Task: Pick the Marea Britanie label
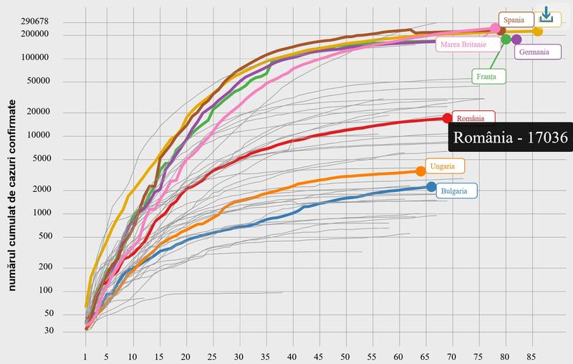tap(468, 44)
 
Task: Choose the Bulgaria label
tap(458, 191)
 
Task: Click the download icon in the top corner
tap(546, 14)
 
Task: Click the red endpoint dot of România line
tap(448, 118)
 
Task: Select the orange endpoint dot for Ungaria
tap(420, 171)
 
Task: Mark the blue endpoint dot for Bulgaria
tap(431, 187)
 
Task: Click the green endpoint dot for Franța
tap(506, 39)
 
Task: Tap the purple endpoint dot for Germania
tap(517, 39)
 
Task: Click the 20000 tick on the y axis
tap(37, 112)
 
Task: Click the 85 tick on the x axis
tap(531, 356)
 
